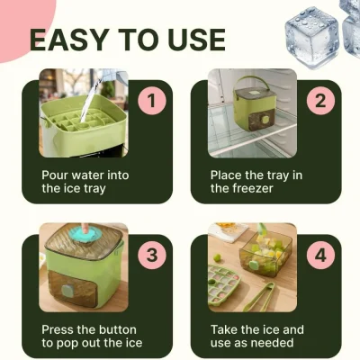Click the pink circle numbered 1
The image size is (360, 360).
point(152,101)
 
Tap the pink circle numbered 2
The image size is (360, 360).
point(320,101)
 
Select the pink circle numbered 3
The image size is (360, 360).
point(152,256)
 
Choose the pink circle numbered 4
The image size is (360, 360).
point(320,256)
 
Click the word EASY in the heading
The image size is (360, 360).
point(69,40)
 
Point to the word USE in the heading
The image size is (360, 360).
point(196,40)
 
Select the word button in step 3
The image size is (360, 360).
point(118,329)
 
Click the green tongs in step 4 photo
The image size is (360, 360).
point(259,296)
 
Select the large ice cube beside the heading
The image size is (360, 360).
point(312,37)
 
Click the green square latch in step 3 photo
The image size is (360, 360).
point(67,290)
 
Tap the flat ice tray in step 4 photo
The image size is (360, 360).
point(223,285)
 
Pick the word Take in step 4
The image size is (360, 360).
point(224,329)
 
